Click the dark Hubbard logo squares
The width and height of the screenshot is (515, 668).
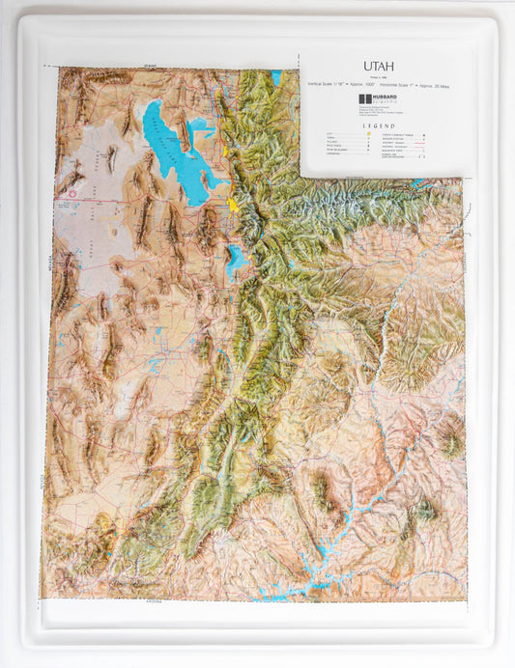tap(363, 99)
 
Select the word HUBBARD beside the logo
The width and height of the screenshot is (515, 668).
tap(383, 97)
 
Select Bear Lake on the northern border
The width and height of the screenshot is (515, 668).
tap(276, 76)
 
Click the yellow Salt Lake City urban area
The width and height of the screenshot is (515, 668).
tap(236, 205)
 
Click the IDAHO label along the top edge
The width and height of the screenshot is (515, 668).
tap(150, 66)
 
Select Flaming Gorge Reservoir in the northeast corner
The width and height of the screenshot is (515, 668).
tap(417, 181)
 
